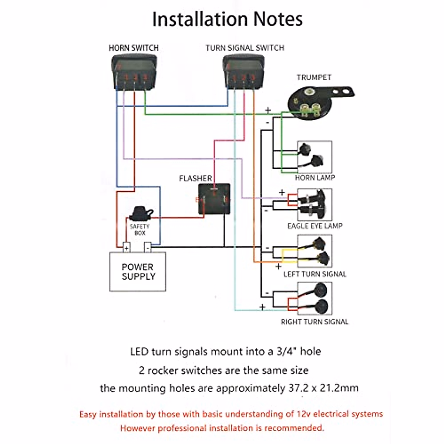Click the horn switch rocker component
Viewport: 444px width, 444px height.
click(134, 72)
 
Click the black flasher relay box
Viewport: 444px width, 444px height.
click(214, 199)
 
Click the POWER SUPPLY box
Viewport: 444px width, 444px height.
click(138, 272)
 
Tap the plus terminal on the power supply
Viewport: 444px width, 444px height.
click(127, 248)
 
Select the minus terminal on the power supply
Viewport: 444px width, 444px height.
click(148, 247)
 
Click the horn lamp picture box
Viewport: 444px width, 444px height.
click(314, 157)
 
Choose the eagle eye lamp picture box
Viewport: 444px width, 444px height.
click(314, 205)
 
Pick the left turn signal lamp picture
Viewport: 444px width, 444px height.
click(314, 251)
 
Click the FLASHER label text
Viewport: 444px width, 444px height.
click(195, 178)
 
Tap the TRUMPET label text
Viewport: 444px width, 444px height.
click(314, 77)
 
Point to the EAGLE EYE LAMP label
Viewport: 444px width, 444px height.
click(315, 226)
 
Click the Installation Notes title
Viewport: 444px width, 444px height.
click(228, 19)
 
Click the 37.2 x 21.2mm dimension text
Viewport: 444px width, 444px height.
click(323, 388)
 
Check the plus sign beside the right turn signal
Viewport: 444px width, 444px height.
click(262, 307)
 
